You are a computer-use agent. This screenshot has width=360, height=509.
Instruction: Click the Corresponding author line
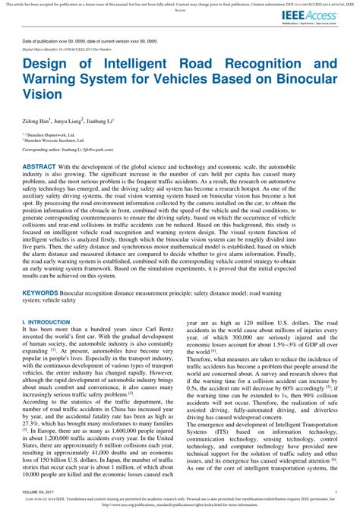tap(71, 151)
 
